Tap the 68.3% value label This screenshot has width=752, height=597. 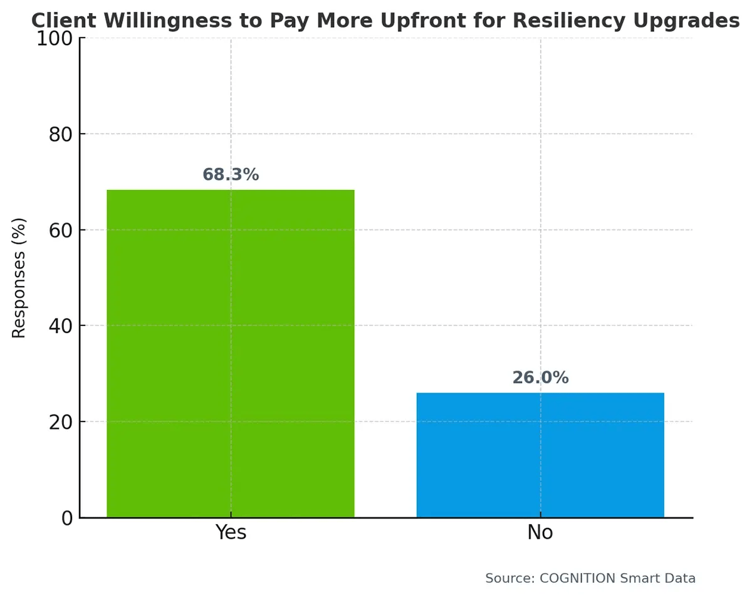pyautogui.click(x=231, y=175)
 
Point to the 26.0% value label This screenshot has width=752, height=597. pyautogui.click(x=540, y=378)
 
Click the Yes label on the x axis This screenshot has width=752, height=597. pyautogui.click(x=231, y=532)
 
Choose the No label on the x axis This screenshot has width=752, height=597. pyautogui.click(x=540, y=532)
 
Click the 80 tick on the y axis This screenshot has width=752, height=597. pyautogui.click(x=61, y=134)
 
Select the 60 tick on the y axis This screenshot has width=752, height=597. pyautogui.click(x=61, y=230)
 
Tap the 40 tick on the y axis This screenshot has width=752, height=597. pyautogui.click(x=61, y=326)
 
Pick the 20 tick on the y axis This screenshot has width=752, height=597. pyautogui.click(x=61, y=421)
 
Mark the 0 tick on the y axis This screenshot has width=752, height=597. pyautogui.click(x=66, y=518)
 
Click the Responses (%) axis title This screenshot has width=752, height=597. pyautogui.click(x=19, y=278)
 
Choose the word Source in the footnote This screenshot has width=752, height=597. pyautogui.click(x=505, y=578)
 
